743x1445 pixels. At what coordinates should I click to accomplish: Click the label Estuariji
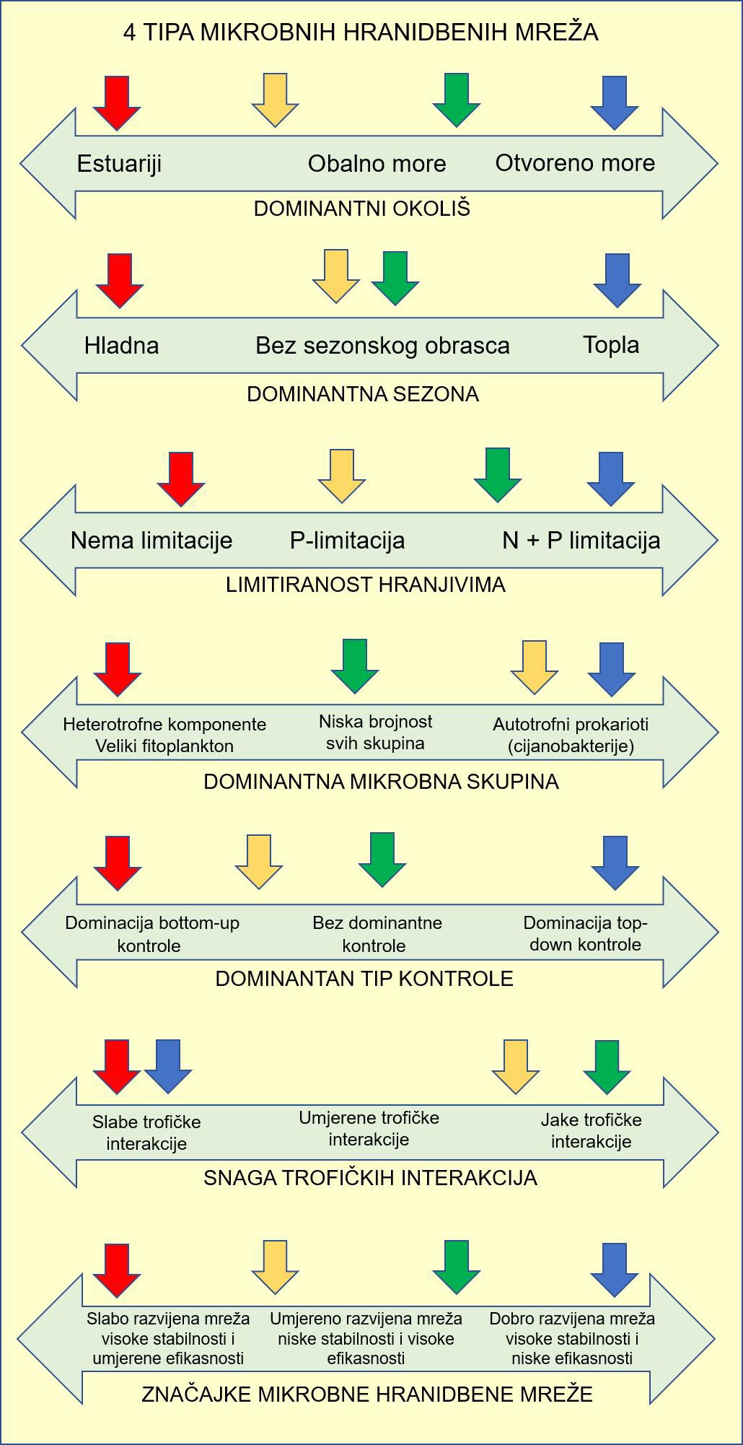[119, 164]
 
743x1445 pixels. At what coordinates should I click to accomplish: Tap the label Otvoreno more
[575, 163]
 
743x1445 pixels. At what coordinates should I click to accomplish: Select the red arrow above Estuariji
[116, 102]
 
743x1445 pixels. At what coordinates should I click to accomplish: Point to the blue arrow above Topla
[617, 279]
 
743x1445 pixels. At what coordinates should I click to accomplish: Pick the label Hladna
[121, 345]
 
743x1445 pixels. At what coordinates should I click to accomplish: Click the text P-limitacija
[347, 541]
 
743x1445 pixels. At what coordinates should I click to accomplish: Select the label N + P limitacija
[581, 541]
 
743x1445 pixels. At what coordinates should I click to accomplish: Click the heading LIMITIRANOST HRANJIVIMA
[366, 585]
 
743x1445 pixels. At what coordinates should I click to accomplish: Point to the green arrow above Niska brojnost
[354, 665]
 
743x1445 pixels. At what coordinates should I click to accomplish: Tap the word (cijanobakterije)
[571, 746]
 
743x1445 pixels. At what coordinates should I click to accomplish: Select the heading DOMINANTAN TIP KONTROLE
[364, 979]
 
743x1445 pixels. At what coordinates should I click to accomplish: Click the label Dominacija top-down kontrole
[585, 933]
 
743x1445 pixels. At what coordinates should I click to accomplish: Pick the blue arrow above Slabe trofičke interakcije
[167, 1065]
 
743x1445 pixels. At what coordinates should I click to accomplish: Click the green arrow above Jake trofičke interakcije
[607, 1066]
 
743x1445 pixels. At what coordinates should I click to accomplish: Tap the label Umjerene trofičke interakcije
[369, 1129]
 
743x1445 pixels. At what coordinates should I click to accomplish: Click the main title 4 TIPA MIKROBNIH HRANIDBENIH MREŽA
[361, 32]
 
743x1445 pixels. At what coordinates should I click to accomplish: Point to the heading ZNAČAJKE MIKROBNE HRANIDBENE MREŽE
[367, 1394]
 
